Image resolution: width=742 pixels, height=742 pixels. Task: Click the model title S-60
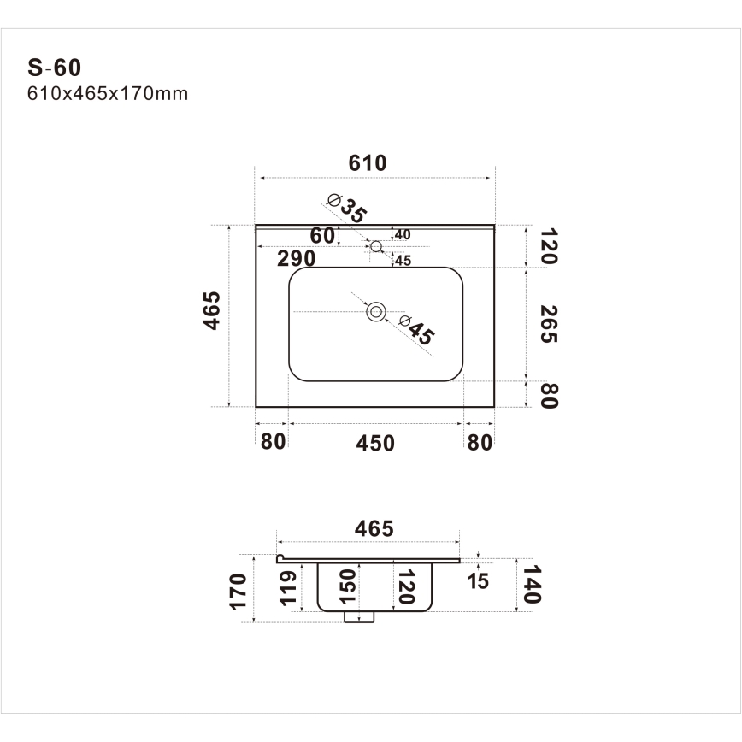[x=54, y=68]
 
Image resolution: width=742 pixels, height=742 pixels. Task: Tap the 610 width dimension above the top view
[x=368, y=163]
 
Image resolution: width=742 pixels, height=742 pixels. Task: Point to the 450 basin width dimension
[x=376, y=443]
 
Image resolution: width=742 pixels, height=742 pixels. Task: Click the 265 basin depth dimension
[x=549, y=324]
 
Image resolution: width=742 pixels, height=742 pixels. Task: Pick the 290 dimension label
[x=296, y=258]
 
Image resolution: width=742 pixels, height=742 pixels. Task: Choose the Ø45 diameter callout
[x=415, y=330]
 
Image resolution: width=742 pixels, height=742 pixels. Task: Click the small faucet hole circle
[x=376, y=246]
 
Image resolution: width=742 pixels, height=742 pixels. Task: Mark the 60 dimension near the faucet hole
[x=321, y=235]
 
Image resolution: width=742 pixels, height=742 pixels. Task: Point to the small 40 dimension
[x=403, y=234]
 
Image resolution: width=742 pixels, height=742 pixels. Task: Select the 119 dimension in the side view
[x=289, y=587]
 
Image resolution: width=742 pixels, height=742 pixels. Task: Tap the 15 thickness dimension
[x=479, y=581]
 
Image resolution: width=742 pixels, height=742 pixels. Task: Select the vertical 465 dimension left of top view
[x=212, y=310]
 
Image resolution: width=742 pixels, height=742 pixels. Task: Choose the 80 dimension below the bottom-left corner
[x=272, y=442]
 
